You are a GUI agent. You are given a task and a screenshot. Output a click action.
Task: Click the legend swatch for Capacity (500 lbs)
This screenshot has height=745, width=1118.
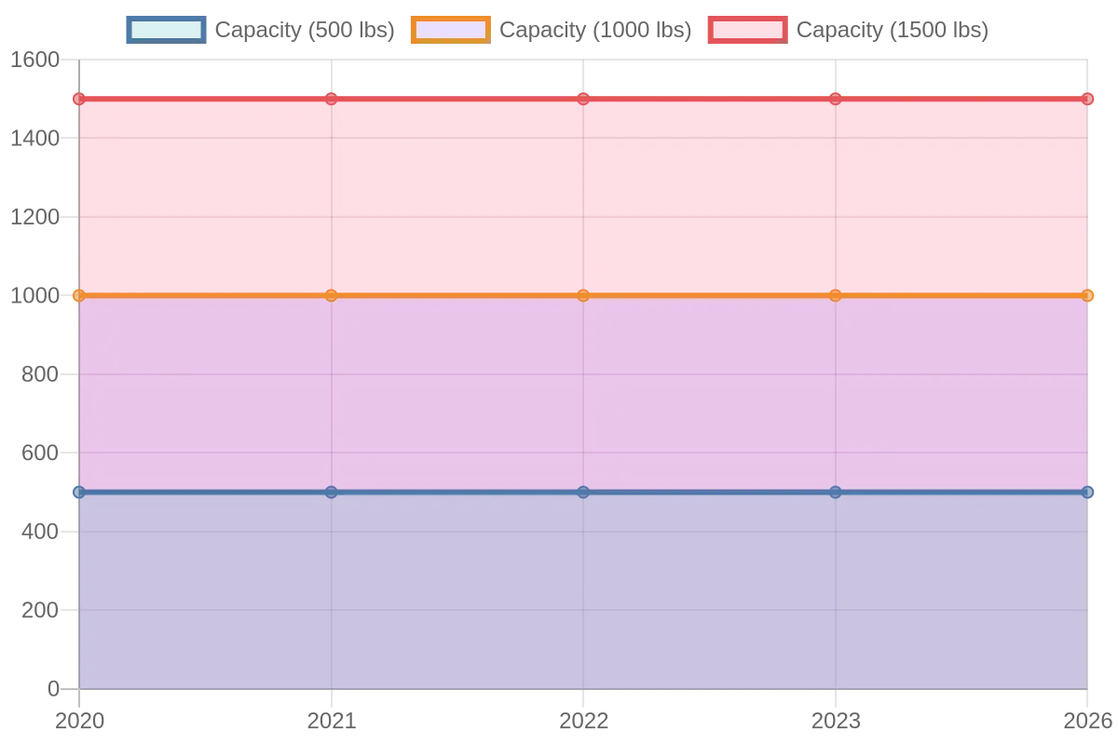coord(166,30)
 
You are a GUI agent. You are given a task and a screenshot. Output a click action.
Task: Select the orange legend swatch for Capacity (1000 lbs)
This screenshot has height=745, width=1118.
coord(451,30)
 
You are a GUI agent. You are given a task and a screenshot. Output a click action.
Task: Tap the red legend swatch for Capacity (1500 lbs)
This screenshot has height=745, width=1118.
coord(747,30)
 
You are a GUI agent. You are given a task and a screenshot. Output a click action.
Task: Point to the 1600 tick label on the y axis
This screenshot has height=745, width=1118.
coord(35,60)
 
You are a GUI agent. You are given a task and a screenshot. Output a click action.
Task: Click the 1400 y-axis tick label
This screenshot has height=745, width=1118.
coord(35,138)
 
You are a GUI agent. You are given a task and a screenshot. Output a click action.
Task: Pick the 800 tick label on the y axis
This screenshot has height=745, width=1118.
coord(40,374)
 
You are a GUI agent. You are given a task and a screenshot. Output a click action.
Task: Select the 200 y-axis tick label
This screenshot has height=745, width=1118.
coord(40,610)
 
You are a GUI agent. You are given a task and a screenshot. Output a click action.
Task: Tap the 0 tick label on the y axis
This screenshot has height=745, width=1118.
coord(53,689)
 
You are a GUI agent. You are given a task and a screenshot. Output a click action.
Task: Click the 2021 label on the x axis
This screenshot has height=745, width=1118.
coord(332,721)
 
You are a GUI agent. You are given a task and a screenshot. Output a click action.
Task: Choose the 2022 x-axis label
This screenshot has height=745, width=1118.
coord(583,721)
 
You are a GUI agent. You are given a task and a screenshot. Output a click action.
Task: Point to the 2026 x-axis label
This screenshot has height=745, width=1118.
coord(1088,721)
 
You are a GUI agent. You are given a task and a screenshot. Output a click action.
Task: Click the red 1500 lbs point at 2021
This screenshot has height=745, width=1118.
coord(331,99)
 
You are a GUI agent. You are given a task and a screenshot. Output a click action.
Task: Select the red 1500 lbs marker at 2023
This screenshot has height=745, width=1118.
coord(835,99)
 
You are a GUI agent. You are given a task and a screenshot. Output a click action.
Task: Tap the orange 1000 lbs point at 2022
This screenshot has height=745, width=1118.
coord(583,295)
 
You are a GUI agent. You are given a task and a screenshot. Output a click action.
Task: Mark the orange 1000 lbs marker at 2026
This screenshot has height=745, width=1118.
coord(1087,295)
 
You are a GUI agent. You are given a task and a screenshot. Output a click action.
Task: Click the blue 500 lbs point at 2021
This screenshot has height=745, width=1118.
coord(331,492)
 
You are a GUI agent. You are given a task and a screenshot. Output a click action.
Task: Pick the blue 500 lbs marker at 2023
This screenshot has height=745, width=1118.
coord(835,492)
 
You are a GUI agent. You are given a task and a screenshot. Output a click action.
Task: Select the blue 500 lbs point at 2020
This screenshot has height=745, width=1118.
coord(79,492)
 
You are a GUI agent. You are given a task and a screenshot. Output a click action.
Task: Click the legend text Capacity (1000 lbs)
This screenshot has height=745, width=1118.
coord(595,30)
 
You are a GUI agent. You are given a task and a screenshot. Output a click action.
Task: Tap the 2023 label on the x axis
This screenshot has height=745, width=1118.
coord(836,721)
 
